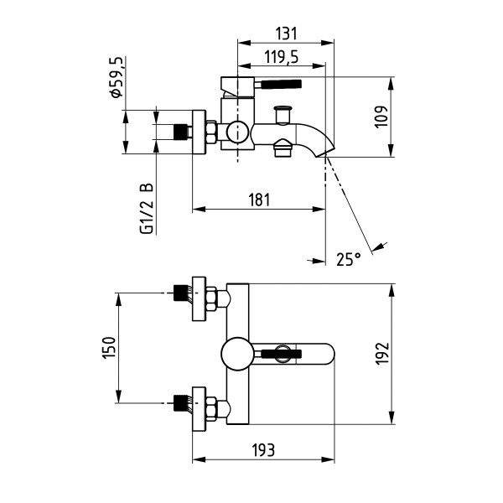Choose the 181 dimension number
[x=259, y=200]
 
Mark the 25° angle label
[x=347, y=259]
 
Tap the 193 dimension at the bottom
[x=263, y=451]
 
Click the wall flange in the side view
[x=200, y=132]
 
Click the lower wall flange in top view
[x=200, y=408]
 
